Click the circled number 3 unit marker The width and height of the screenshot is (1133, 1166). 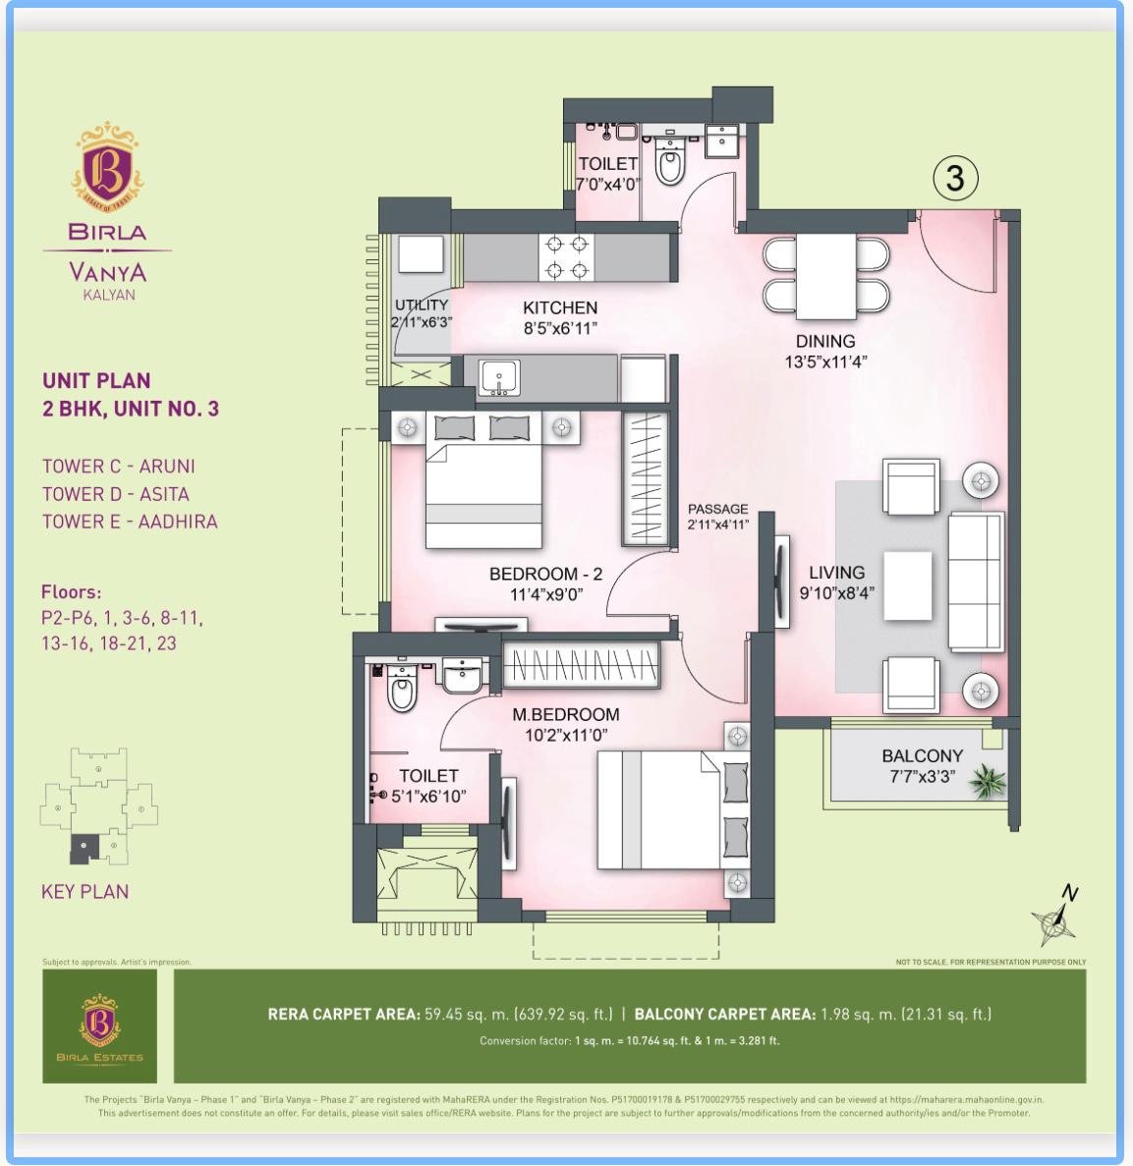tap(955, 179)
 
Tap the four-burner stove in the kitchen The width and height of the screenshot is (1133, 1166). tap(567, 257)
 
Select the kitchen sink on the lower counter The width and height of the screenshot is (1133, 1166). tap(499, 377)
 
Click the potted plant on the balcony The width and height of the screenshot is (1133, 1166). tap(989, 782)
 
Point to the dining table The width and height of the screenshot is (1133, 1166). tap(826, 276)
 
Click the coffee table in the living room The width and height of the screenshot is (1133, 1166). tap(908, 585)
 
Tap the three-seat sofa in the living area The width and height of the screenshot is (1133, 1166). tap(976, 582)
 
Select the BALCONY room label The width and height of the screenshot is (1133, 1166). tap(923, 755)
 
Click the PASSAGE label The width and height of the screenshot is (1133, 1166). tap(718, 509)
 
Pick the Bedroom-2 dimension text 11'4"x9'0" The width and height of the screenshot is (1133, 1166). tap(546, 594)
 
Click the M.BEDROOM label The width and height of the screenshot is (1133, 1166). tap(566, 714)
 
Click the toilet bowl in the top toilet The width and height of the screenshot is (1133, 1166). tap(669, 161)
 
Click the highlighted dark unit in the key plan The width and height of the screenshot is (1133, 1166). tap(85, 849)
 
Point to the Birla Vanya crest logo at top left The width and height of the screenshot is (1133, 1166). tap(107, 165)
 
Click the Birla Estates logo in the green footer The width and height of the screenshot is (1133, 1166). tap(99, 1026)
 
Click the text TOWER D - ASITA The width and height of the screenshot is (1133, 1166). tap(115, 494)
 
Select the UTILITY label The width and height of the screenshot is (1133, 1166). tap(421, 305)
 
